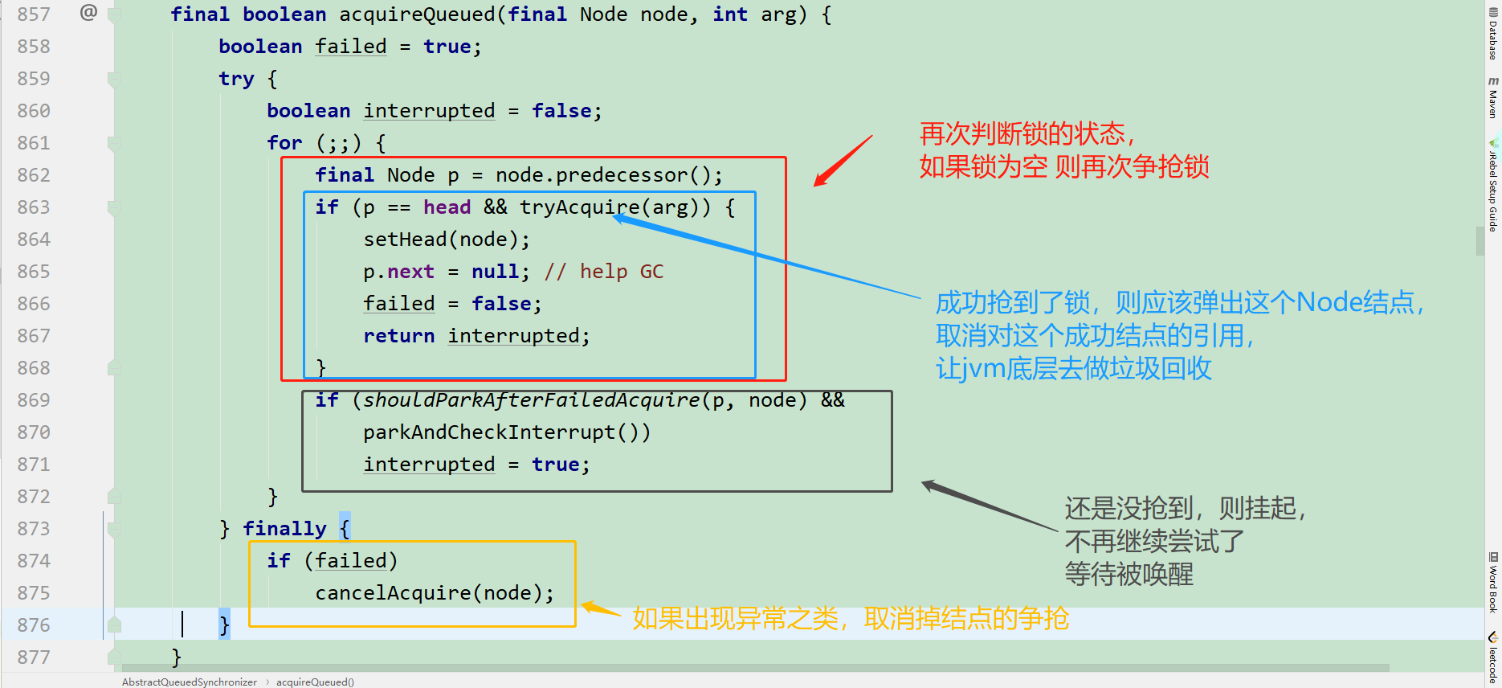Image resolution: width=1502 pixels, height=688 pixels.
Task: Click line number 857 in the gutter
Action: point(34,14)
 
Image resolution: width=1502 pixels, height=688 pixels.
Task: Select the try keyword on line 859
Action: point(236,79)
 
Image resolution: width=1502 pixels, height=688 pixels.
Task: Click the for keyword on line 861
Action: point(284,143)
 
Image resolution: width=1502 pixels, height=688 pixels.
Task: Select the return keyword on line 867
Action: point(398,336)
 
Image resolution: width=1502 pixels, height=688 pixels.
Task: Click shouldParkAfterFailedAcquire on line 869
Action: point(531,400)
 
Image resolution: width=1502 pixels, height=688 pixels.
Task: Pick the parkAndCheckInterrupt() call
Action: point(506,432)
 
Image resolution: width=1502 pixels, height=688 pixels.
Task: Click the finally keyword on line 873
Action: point(284,529)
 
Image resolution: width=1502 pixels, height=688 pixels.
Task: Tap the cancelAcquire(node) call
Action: point(434,593)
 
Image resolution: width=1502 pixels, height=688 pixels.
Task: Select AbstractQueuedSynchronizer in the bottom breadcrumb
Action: point(190,682)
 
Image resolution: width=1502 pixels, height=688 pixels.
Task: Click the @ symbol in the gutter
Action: point(88,13)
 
